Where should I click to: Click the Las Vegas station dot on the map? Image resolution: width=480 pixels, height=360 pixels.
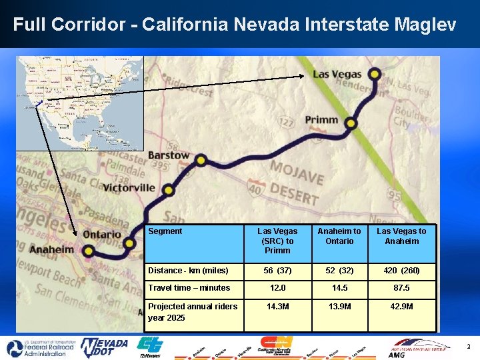tap(375, 74)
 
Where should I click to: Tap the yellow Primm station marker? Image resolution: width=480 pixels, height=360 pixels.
tap(351, 123)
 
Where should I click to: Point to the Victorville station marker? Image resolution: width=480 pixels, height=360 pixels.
tap(168, 190)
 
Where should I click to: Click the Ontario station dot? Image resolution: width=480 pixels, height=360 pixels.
tap(129, 243)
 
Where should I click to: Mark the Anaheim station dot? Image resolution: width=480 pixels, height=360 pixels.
tap(89, 251)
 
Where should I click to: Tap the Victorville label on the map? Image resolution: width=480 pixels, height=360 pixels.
tap(129, 187)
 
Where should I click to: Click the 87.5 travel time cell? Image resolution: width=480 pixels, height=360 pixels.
tap(401, 288)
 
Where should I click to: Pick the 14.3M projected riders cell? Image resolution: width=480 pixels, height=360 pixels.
tap(277, 307)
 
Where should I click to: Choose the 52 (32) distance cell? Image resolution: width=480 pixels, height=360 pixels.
tap(339, 271)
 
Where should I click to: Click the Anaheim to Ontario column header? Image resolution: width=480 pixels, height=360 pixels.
tap(339, 236)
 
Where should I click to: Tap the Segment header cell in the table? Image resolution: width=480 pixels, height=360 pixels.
tap(165, 231)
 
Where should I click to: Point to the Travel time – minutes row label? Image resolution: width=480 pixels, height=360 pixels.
tap(189, 288)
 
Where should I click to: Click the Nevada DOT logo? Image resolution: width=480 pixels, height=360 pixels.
tap(104, 347)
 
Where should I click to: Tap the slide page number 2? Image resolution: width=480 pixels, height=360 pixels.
tap(468, 347)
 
